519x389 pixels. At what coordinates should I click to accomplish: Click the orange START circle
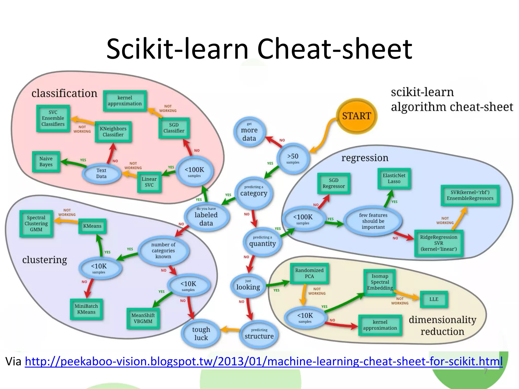pos(356,116)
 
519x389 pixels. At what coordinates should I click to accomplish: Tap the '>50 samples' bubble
pos(293,158)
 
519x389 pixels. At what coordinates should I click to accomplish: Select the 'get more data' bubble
pos(249,132)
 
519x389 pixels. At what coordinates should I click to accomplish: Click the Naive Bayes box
pos(46,162)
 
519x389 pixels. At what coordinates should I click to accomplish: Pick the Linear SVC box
pos(149,182)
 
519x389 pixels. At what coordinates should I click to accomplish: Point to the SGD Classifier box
pos(174,128)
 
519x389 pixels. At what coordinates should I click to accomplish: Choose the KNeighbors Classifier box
pos(113,132)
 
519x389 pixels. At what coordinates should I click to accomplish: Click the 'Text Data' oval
pos(101,173)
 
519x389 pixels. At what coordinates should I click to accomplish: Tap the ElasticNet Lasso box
pos(394,179)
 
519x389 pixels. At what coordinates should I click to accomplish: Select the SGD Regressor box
pos(333,183)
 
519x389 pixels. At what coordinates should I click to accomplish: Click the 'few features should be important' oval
pos(373,221)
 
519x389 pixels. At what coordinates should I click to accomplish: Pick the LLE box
pos(434,299)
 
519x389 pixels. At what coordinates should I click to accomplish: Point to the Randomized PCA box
pos(309,273)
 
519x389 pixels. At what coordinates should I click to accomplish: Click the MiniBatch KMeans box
pos(86,309)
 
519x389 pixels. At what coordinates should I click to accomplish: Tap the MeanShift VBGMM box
pos(143,318)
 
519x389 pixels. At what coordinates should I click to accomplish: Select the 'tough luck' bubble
pos(201,334)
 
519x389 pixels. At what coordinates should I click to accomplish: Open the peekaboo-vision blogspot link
pos(264,361)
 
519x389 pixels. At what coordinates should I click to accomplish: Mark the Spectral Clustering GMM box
pos(36,224)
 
